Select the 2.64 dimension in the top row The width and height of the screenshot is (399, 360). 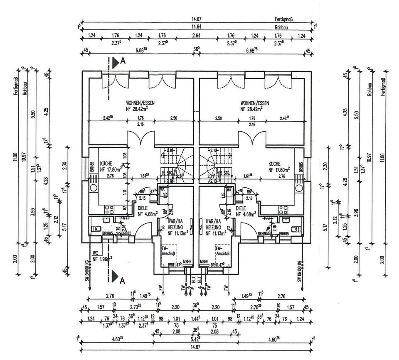pos(196,36)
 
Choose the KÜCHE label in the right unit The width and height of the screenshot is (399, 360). pos(276,167)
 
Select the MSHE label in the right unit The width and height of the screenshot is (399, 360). pos(204,262)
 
